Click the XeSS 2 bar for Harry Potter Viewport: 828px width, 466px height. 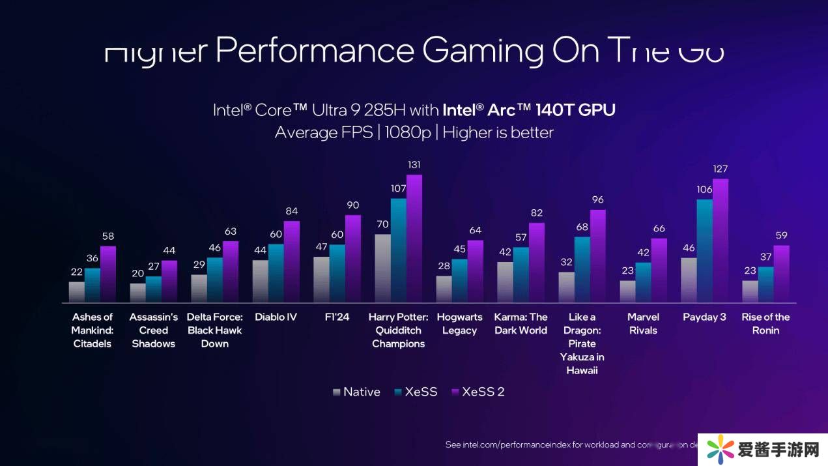(x=414, y=239)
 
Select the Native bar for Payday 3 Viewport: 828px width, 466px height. (x=689, y=280)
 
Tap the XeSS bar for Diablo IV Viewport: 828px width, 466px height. (x=276, y=273)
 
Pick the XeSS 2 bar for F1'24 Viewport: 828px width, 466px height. (x=353, y=259)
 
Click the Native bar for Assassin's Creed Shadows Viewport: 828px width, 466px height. (x=137, y=293)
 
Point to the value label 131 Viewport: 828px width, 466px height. (x=414, y=165)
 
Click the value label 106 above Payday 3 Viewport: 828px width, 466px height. (x=704, y=190)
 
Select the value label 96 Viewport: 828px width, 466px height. (x=598, y=200)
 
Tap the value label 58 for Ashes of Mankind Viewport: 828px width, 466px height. (x=108, y=237)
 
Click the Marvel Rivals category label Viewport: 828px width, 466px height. (x=643, y=324)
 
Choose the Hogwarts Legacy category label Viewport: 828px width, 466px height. (x=459, y=324)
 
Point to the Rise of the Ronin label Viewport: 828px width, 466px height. (x=765, y=324)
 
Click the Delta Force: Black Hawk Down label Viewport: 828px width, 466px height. (x=215, y=330)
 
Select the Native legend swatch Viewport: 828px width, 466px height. (x=336, y=392)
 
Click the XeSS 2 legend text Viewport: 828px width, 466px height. (x=483, y=392)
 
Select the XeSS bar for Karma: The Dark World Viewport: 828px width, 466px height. (x=521, y=274)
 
